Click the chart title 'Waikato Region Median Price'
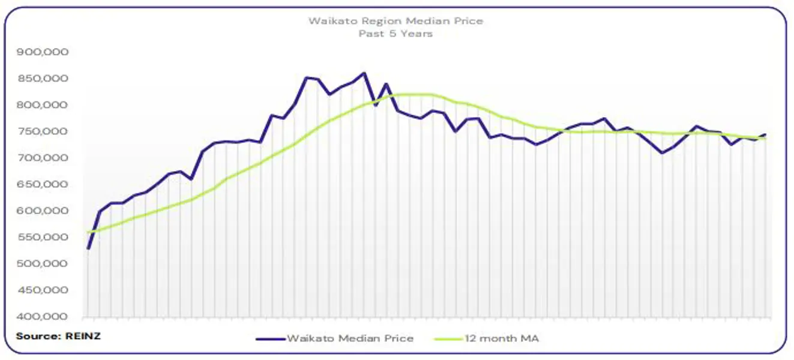[395, 21]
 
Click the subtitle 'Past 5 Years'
[395, 34]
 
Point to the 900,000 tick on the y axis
[43, 52]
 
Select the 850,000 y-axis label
[43, 79]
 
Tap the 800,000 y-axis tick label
[43, 105]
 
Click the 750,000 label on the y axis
[43, 131]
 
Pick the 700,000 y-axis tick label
[43, 158]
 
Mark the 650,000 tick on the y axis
[43, 184]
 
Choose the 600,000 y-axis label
[43, 211]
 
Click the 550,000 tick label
[43, 237]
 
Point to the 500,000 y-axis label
[43, 263]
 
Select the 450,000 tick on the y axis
[43, 290]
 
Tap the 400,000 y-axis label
[43, 317]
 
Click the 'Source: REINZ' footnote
[58, 336]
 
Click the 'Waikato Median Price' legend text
[350, 338]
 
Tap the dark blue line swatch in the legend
[270, 338]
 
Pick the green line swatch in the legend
[447, 338]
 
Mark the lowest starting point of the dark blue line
[88, 248]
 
